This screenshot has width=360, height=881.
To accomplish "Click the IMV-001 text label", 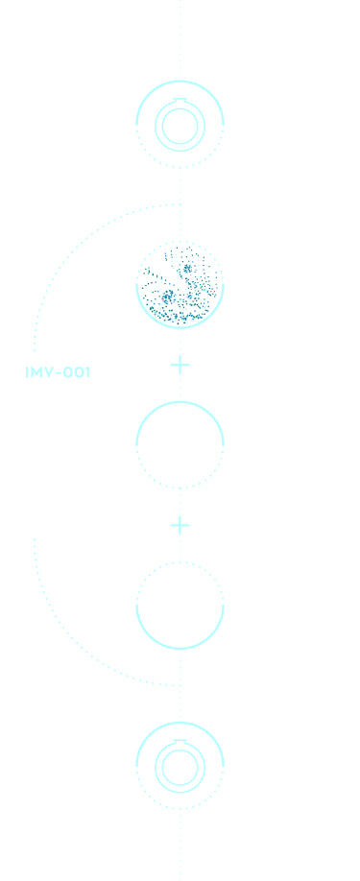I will pyautogui.click(x=58, y=372).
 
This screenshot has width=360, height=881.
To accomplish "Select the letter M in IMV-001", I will pyautogui.click(x=37, y=372).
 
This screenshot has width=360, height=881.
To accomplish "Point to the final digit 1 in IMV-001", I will pyautogui.click(x=87, y=372).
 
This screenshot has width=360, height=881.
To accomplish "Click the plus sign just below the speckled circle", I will pyautogui.click(x=180, y=365).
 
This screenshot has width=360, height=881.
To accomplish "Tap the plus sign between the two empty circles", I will pyautogui.click(x=180, y=525).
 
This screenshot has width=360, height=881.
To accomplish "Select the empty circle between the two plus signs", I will pyautogui.click(x=180, y=444).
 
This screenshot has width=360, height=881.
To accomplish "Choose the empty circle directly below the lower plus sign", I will pyautogui.click(x=180, y=606).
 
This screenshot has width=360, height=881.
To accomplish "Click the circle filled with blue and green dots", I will pyautogui.click(x=180, y=284).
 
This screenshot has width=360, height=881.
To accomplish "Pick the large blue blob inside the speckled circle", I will pyautogui.click(x=169, y=298).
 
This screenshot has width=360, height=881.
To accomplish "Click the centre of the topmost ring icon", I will pyautogui.click(x=180, y=126).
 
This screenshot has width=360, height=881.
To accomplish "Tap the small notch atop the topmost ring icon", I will pyautogui.click(x=180, y=101).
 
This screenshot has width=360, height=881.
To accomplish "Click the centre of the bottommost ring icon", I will pyautogui.click(x=180, y=767).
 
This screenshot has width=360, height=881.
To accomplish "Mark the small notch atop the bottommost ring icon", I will pyautogui.click(x=180, y=742).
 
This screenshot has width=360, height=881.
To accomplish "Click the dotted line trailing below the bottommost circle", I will pyautogui.click(x=180, y=845).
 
